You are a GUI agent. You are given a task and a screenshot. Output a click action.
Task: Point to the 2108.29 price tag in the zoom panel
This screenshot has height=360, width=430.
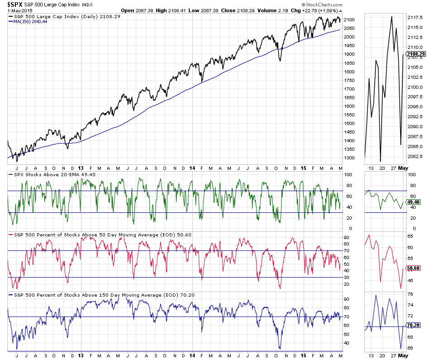click(x=416, y=55)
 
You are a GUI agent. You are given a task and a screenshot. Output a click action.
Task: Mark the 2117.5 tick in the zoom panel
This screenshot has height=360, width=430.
click(x=415, y=18)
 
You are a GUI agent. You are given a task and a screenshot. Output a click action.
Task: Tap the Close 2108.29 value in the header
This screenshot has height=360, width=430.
click(x=237, y=10)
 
